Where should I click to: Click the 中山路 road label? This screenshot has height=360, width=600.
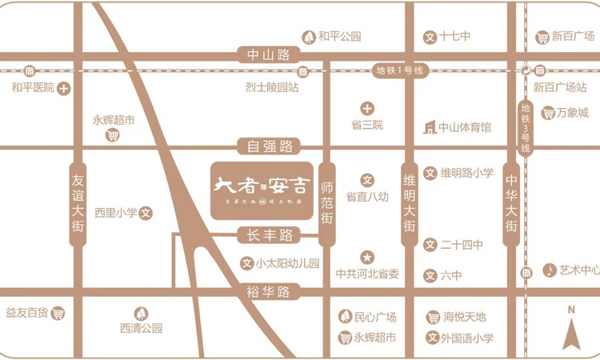[x=268, y=55]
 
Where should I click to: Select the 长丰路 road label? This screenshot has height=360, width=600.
[x=269, y=235]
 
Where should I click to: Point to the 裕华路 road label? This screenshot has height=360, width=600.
[x=269, y=293]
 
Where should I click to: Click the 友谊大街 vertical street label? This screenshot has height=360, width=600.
[x=78, y=204]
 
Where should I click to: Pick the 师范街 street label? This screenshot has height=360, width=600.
[x=326, y=204]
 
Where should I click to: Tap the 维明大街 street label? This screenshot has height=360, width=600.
[x=409, y=204]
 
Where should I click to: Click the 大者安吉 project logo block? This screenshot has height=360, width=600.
[x=261, y=190]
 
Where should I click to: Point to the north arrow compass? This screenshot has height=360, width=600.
[x=571, y=328]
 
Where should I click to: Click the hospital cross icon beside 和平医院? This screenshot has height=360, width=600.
[x=65, y=88]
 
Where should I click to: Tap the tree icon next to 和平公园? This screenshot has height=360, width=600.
[x=308, y=37]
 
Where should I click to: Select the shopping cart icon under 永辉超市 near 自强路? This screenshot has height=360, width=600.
[x=114, y=135]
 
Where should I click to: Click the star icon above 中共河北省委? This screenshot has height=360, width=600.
[x=367, y=258]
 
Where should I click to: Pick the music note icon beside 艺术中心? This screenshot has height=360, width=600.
[x=550, y=270]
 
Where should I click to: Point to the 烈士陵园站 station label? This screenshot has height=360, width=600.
[x=273, y=87]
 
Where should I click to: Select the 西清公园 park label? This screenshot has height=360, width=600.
[x=142, y=328]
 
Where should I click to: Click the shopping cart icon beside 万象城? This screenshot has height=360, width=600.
[x=549, y=113]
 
